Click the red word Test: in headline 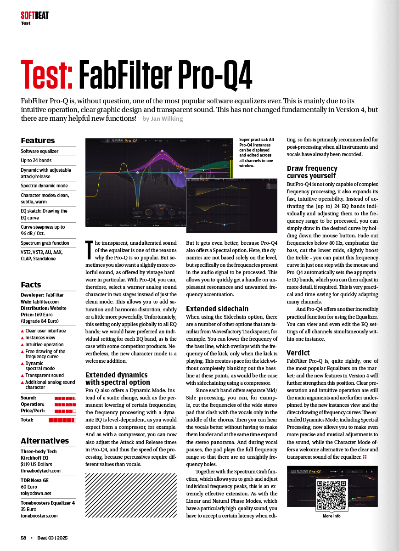pyautogui.click(x=47, y=75)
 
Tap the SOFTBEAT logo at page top pyautogui.click(x=34, y=16)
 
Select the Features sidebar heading pyautogui.click(x=38, y=141)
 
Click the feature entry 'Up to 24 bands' pyautogui.click(x=36, y=161)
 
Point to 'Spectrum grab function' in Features pyautogui.click(x=45, y=243)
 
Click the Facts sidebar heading pyautogui.click(x=31, y=285)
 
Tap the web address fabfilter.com pyautogui.click(x=45, y=302)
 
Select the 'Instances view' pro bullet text pyautogui.click(x=40, y=337)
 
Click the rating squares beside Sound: pyautogui.click(x=65, y=398)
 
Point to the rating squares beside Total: pyautogui.click(x=62, y=420)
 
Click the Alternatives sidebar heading pyautogui.click(x=45, y=441)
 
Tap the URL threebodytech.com pyautogui.click(x=40, y=471)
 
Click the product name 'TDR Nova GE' pyautogui.click(x=34, y=480)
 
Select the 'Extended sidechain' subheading pyautogui.click(x=217, y=309)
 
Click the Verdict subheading pyautogui.click(x=298, y=353)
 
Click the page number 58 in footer pyautogui.click(x=23, y=538)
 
